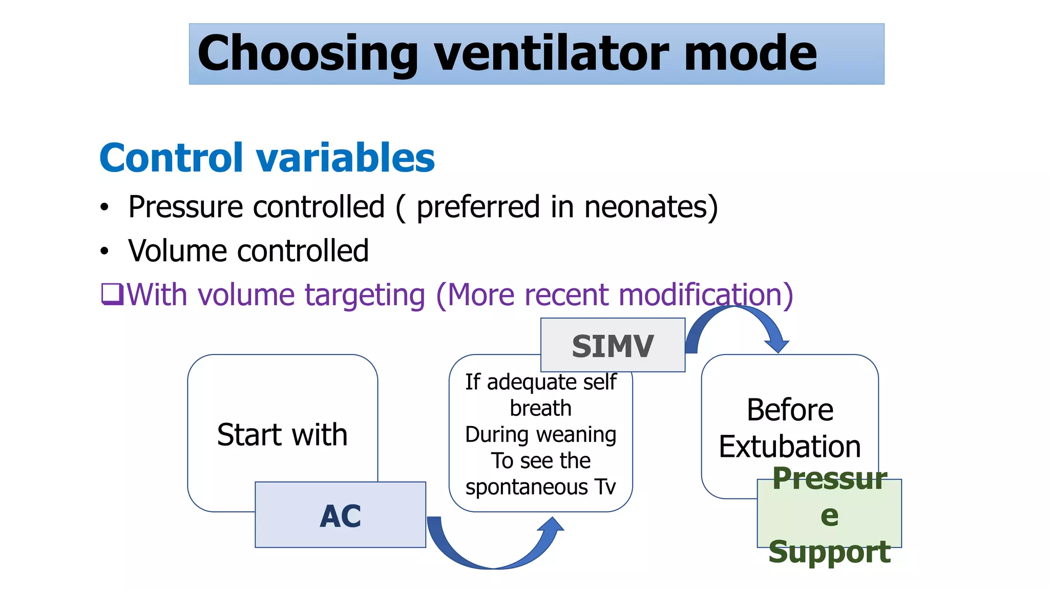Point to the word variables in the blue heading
point(345,158)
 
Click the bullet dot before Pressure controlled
point(105,207)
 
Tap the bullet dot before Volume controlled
point(105,251)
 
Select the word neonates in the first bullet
point(651,207)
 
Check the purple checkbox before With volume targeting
point(112,294)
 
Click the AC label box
point(340,515)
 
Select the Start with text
point(282,435)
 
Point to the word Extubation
point(789,447)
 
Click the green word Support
point(829,552)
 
